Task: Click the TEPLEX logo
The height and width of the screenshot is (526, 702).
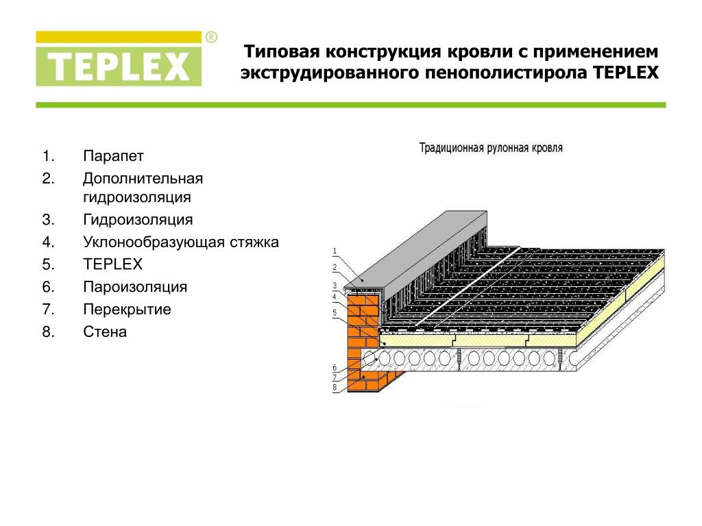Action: (x=119, y=59)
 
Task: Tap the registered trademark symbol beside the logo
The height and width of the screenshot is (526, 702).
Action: (x=211, y=37)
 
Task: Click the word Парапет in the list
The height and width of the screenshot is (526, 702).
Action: (x=113, y=156)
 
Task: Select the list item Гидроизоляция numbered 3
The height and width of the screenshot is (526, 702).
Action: (x=138, y=220)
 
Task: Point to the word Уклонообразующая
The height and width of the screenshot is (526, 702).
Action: (x=154, y=242)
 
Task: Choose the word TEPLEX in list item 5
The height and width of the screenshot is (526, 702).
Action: (x=113, y=264)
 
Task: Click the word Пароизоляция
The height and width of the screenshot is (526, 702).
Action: (x=135, y=287)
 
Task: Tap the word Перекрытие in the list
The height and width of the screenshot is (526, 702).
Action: (x=127, y=310)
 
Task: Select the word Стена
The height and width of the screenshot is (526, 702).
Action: (x=105, y=332)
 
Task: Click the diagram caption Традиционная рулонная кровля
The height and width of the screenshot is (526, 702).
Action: (x=491, y=148)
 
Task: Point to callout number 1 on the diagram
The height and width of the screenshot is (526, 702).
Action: (x=335, y=251)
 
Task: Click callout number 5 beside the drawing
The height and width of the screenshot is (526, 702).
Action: (x=335, y=312)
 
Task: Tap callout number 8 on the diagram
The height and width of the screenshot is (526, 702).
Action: (x=335, y=387)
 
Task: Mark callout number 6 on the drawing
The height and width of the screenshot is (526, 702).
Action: (x=335, y=368)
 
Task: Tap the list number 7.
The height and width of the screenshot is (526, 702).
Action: (x=48, y=310)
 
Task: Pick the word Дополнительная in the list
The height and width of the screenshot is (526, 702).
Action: (x=143, y=179)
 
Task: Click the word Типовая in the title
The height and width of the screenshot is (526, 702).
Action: (x=282, y=52)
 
